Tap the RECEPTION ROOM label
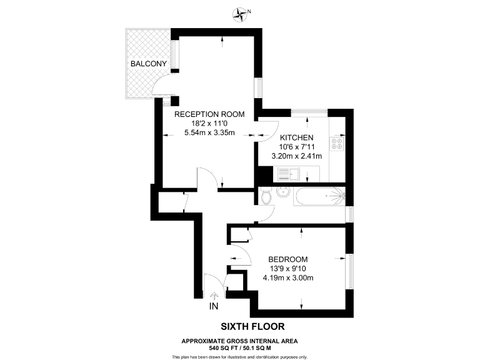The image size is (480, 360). point(209,114)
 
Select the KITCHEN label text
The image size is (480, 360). point(296,137)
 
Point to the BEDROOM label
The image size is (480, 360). point(288,259)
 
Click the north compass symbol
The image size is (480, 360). point(240,12)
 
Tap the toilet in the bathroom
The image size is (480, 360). point(267,198)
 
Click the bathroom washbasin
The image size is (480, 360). point(283,191)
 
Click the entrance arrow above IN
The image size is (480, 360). point(214,296)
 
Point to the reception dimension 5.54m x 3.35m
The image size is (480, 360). point(209,132)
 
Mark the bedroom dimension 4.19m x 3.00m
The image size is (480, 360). point(288,278)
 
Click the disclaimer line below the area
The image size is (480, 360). point(240,356)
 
